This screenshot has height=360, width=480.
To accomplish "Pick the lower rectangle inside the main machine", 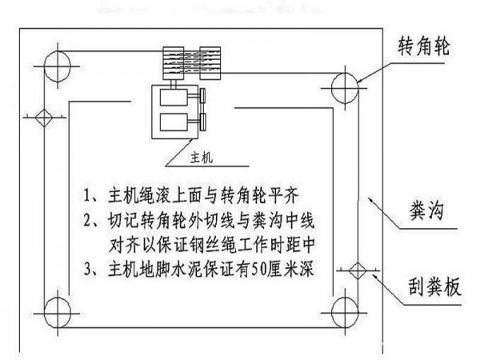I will click(x=170, y=125).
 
